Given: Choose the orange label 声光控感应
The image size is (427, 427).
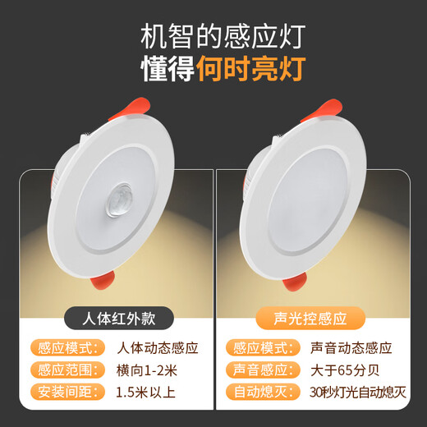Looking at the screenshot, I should (312, 317).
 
